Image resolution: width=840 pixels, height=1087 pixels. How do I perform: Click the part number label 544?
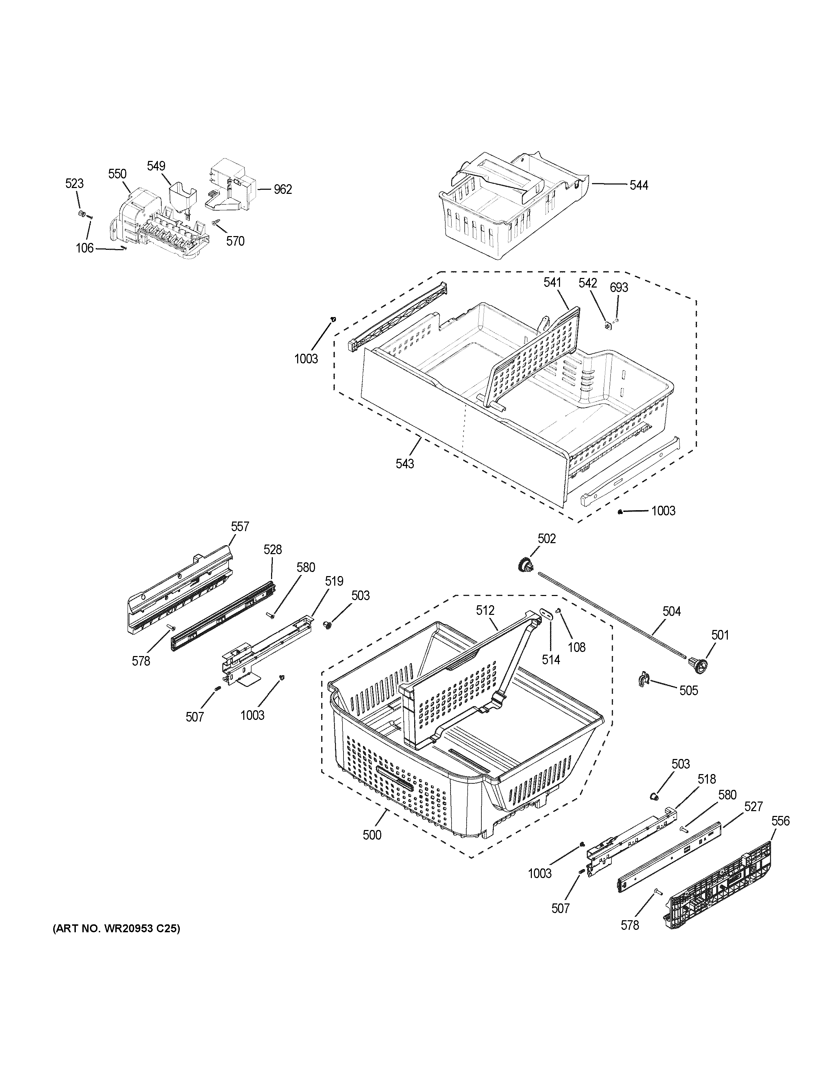tap(639, 185)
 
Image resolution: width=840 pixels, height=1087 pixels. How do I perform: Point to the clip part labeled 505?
tap(644, 680)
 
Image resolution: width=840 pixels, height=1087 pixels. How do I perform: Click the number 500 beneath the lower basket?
tap(371, 835)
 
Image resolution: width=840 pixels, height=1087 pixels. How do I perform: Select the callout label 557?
tap(240, 527)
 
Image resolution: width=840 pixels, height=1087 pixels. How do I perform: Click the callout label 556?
tap(780, 821)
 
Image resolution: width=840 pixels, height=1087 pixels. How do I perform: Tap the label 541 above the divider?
tap(552, 283)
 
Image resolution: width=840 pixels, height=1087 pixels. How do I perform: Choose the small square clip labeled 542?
tap(608, 326)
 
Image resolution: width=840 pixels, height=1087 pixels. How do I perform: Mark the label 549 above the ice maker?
tap(156, 166)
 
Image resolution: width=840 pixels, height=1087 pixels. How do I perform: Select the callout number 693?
tap(619, 287)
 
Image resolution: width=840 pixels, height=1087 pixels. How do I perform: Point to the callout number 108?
tap(577, 647)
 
